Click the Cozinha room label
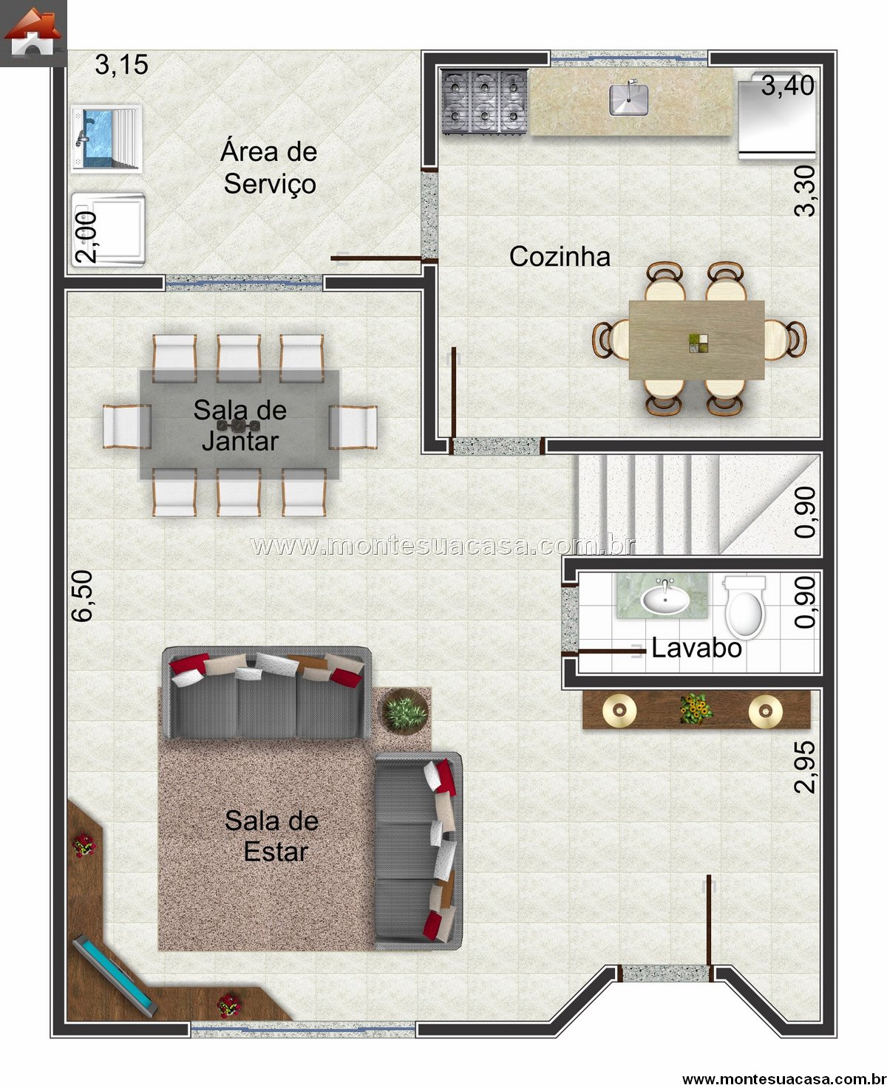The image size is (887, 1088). click(x=560, y=256)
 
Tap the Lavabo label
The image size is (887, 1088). click(x=697, y=649)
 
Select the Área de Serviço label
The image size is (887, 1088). click(x=269, y=168)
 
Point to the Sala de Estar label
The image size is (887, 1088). click(x=272, y=836)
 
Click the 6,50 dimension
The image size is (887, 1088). click(x=82, y=596)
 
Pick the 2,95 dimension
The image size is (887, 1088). click(x=805, y=767)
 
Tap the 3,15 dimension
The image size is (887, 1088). click(x=122, y=65)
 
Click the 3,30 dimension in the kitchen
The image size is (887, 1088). click(x=805, y=191)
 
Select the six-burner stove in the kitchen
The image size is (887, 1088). click(x=485, y=102)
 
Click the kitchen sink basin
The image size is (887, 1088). click(x=628, y=100)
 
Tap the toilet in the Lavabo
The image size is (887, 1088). click(x=745, y=608)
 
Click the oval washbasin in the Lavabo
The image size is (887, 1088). click(x=665, y=600)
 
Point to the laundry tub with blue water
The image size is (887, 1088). click(x=106, y=138)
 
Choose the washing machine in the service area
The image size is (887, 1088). click(x=109, y=230)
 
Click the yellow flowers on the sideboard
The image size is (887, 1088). click(x=696, y=708)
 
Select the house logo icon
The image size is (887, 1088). click(x=33, y=32)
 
